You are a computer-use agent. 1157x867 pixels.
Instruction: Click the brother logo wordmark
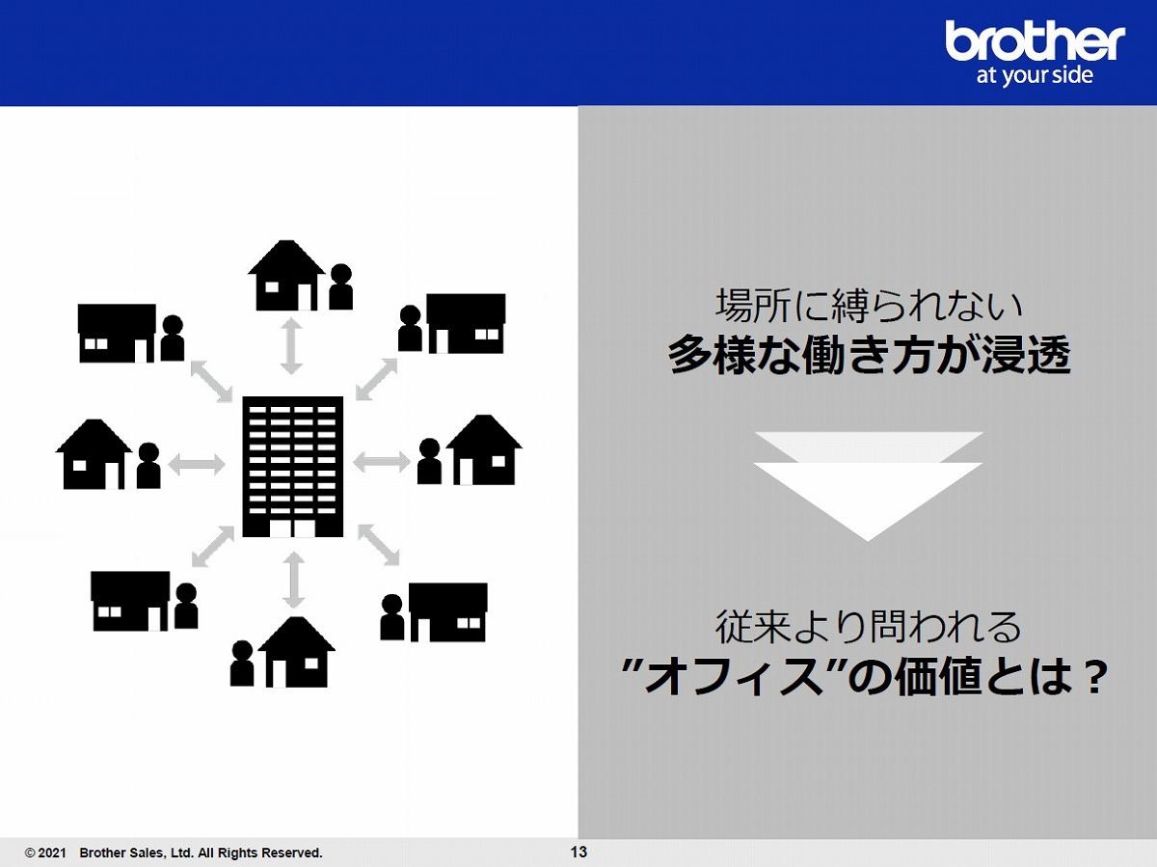point(1036,41)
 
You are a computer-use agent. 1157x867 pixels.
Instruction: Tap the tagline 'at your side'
point(1035,75)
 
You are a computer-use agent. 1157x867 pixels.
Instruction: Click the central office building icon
point(292,467)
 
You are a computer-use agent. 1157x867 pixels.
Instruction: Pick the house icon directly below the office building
point(296,652)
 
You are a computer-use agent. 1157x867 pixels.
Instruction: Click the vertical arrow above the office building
point(291,346)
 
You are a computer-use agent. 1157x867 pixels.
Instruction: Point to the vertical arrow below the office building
point(294,580)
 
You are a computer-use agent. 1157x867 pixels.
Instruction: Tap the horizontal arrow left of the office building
point(197,464)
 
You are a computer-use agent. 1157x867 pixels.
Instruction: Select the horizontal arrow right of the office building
point(382,462)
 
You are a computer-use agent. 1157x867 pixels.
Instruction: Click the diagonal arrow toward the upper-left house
point(211,381)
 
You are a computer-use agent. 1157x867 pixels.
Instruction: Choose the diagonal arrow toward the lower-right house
point(379,545)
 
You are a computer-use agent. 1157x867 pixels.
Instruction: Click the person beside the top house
point(341,286)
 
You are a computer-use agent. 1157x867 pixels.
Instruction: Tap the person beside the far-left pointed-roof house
point(148,466)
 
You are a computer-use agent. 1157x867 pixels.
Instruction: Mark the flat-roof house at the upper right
point(466,324)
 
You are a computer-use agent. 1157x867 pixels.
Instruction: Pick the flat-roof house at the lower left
point(130,602)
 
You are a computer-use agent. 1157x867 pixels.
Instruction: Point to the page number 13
point(578,852)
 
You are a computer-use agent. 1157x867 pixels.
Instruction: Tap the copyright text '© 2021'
point(45,853)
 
